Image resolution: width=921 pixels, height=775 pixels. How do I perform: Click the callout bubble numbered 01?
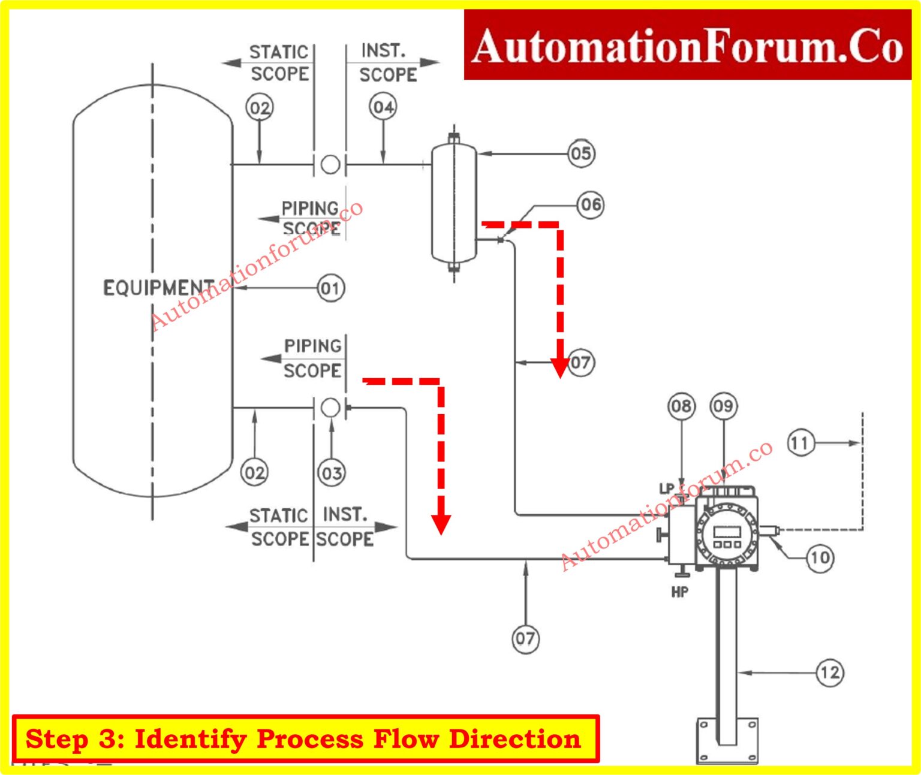pos(330,288)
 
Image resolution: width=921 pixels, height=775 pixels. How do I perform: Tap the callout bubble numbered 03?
pos(332,473)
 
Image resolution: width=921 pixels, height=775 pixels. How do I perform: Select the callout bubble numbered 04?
pos(383,107)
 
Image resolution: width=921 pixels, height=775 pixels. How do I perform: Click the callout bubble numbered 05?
pos(580,153)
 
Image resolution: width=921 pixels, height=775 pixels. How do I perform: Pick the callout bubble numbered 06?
pos(591,205)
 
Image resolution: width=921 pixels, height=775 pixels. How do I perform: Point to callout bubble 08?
pos(681,406)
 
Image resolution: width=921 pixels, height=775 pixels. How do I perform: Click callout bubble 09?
pos(724,406)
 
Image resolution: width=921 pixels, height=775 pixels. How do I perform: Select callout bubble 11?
pos(800,443)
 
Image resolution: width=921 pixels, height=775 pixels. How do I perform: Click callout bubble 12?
pos(830,673)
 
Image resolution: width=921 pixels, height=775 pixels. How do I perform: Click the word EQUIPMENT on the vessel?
pos(158,288)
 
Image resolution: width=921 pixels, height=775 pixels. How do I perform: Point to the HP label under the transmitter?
pos(680,592)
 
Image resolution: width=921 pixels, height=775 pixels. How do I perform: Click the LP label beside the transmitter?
pos(667,488)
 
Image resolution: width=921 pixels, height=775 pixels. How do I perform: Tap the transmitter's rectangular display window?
pos(727,531)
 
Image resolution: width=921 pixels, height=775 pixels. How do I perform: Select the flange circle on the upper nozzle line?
pos(330,164)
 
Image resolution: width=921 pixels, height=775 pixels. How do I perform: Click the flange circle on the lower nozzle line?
pos(330,408)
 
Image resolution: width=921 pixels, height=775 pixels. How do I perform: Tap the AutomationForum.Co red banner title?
pos(687,46)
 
